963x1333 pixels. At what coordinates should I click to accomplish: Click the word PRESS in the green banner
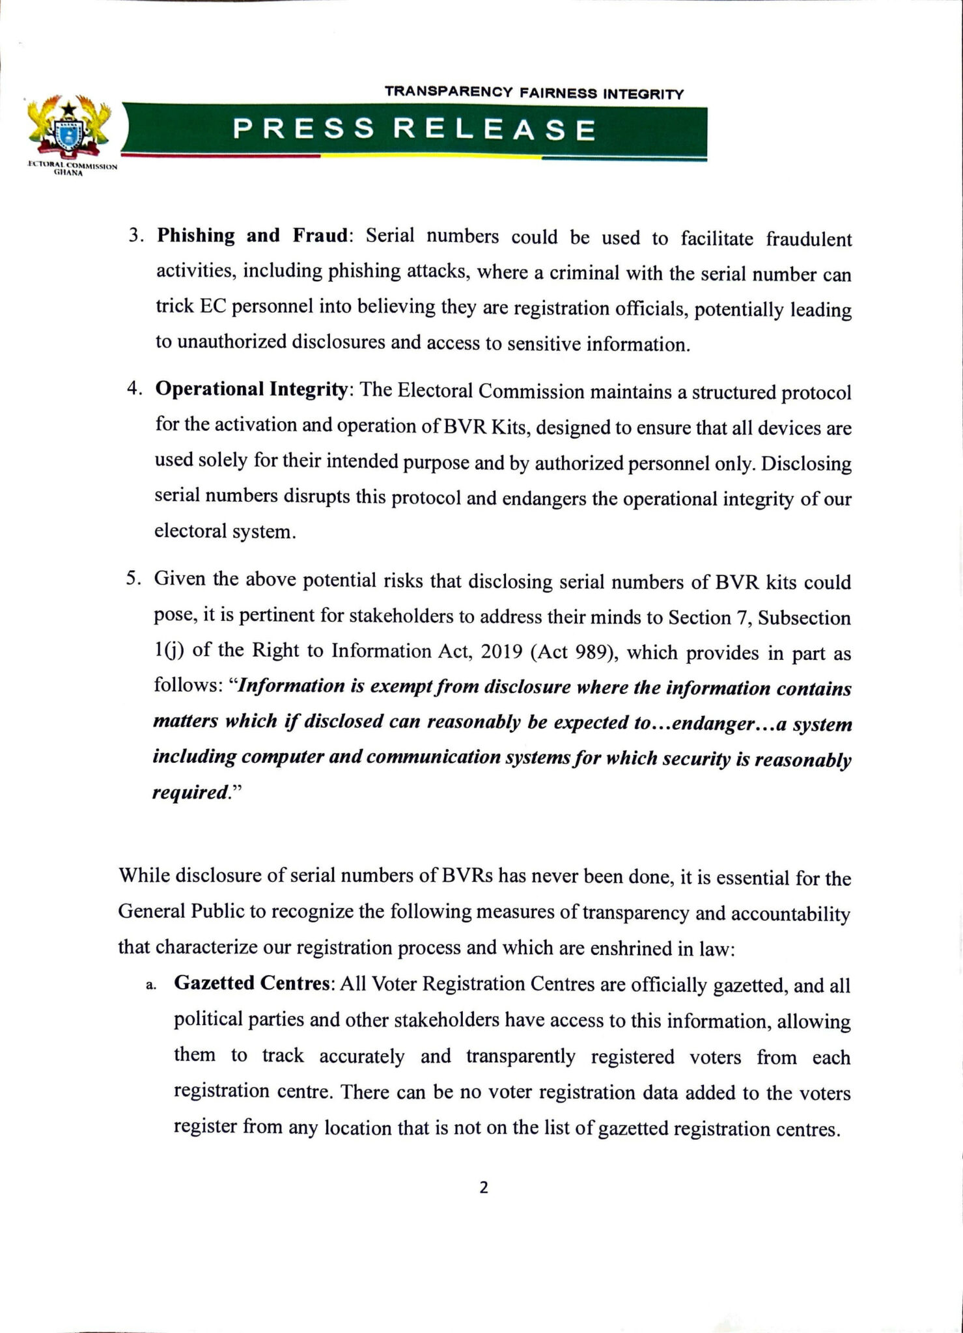[x=304, y=130]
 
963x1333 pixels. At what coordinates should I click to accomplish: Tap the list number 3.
[x=135, y=236]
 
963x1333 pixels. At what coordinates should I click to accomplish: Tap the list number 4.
[x=135, y=390]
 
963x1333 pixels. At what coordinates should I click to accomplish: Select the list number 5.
[x=133, y=579]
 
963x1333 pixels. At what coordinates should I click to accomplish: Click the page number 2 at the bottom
[x=483, y=1188]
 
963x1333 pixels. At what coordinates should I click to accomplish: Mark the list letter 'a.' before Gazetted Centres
[x=151, y=985]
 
